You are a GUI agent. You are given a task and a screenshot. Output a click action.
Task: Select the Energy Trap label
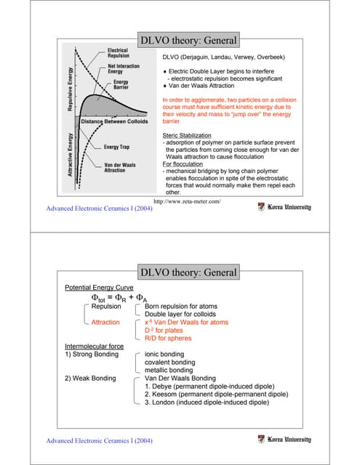click(120, 147)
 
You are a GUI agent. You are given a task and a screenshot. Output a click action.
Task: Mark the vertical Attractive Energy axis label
click(71, 154)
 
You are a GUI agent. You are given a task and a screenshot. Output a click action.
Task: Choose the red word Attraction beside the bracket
click(105, 322)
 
